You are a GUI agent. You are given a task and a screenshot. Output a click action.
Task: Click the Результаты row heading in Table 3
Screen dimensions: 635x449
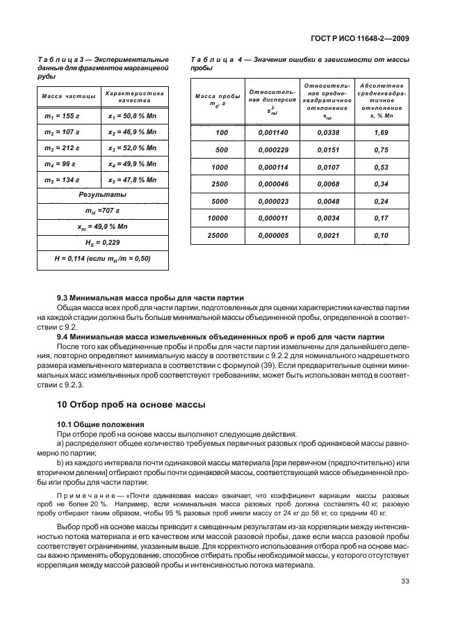(102, 195)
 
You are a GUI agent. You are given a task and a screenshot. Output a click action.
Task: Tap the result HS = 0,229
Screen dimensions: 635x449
(102, 243)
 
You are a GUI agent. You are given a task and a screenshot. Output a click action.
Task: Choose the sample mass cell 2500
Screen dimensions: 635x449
(220, 183)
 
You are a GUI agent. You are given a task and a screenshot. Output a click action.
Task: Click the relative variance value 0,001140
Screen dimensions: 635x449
(272, 133)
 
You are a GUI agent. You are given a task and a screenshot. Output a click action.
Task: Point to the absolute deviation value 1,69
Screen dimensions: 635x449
(380, 133)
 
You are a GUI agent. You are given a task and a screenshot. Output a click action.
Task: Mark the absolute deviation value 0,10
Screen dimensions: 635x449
(380, 235)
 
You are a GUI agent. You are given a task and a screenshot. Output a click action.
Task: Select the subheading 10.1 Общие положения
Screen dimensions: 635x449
(99, 424)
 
